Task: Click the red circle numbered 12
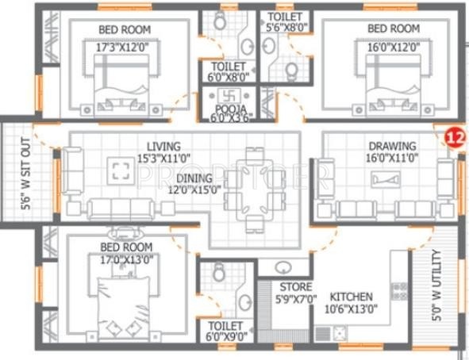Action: tap(454, 136)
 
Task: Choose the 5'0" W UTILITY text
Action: tap(436, 285)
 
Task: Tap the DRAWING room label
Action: tap(391, 146)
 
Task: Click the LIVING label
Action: tap(163, 146)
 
